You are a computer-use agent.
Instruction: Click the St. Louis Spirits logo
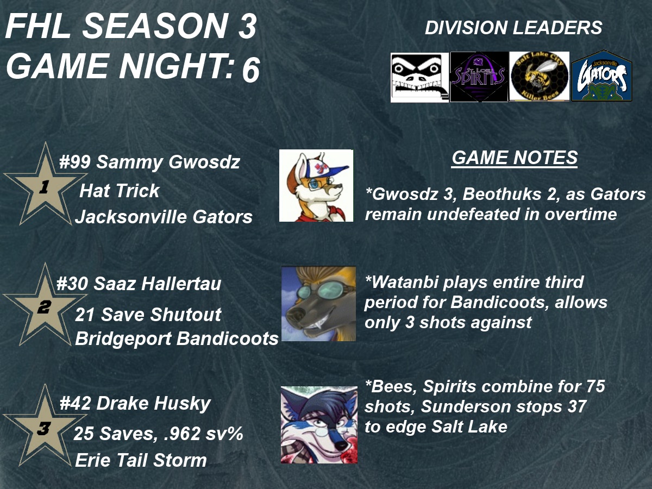[x=479, y=77]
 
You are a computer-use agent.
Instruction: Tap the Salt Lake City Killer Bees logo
[x=539, y=76]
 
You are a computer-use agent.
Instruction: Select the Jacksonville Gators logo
[x=601, y=76]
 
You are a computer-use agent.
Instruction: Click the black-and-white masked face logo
[x=419, y=78]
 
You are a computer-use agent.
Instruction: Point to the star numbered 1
[x=45, y=186]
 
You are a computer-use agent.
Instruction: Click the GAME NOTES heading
[x=515, y=158]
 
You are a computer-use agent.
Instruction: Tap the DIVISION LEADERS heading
[x=513, y=28]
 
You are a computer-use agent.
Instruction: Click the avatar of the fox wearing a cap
[x=316, y=185]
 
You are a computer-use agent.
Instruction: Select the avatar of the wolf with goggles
[x=318, y=303]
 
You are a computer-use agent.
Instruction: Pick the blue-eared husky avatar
[x=319, y=425]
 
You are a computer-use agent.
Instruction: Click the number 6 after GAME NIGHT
[x=251, y=70]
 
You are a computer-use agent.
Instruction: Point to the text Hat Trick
[x=120, y=190]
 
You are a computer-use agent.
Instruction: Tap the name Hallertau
[x=181, y=284]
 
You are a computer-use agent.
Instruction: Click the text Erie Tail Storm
[x=141, y=460]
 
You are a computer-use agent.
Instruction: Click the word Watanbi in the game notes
[x=403, y=282]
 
